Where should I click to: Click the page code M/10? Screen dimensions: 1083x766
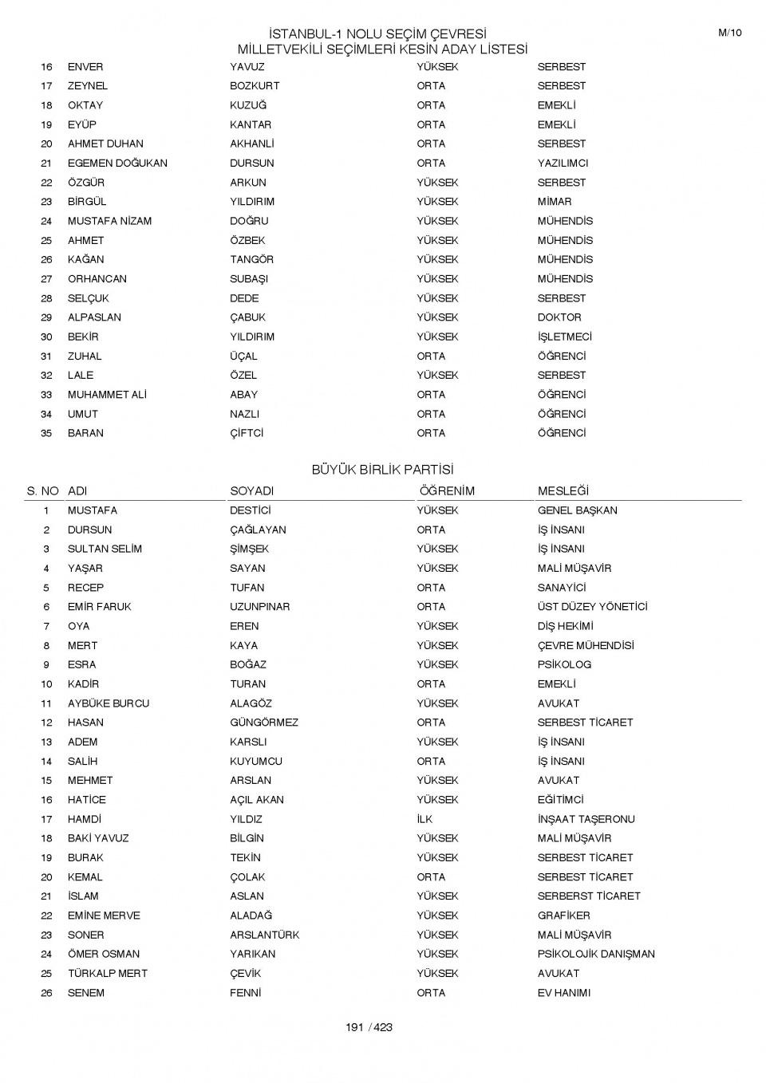729,33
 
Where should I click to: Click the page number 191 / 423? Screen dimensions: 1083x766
369,1027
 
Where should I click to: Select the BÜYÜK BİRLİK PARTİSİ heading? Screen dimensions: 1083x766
382,470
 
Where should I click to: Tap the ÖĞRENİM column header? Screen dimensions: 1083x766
447,491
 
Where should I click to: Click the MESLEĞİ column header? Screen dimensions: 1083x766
563,491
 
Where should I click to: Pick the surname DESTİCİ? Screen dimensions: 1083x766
251,510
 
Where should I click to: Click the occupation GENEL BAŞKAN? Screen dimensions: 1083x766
577,510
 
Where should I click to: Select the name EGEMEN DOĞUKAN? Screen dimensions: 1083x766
117,163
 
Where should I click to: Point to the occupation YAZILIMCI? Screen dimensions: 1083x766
563,163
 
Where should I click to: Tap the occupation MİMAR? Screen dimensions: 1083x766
555,202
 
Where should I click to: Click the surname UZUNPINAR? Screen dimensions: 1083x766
260,607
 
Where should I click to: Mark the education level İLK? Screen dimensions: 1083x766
424,819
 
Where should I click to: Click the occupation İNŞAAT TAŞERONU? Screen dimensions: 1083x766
586,819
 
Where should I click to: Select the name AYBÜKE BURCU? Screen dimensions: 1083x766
109,703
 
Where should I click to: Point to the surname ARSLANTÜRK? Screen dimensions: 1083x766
265,935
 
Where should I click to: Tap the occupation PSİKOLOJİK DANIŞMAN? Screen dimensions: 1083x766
596,954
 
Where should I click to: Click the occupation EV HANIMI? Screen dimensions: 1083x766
564,993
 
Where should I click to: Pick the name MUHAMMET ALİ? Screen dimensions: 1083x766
107,395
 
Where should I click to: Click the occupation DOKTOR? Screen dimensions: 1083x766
559,317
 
